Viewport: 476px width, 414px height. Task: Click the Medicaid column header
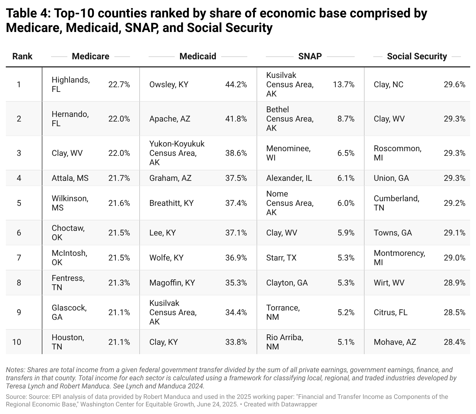[x=198, y=56]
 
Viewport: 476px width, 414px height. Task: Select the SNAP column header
[x=310, y=56]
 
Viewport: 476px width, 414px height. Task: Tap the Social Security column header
[x=417, y=56]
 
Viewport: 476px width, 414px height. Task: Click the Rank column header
[x=22, y=56]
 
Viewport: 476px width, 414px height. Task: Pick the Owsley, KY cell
[x=169, y=85]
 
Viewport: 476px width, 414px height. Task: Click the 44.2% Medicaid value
[x=236, y=85]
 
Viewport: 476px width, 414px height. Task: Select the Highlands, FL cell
[x=71, y=84]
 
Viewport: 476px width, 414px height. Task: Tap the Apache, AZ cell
[x=170, y=119]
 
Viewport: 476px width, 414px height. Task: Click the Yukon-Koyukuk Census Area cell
[x=177, y=153]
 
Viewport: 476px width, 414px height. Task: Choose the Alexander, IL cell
[x=289, y=178]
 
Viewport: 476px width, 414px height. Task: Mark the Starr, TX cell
[x=281, y=258]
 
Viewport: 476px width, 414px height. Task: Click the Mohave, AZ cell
[x=395, y=342]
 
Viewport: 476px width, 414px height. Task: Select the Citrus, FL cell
[x=390, y=312]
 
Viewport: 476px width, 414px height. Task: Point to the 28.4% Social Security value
[x=454, y=342]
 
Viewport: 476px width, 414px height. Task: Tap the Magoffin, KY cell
[x=172, y=283]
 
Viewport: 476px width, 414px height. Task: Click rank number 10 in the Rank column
[x=17, y=342]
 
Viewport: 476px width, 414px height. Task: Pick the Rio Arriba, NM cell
[x=285, y=342]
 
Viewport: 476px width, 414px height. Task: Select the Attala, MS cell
[x=70, y=178]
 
